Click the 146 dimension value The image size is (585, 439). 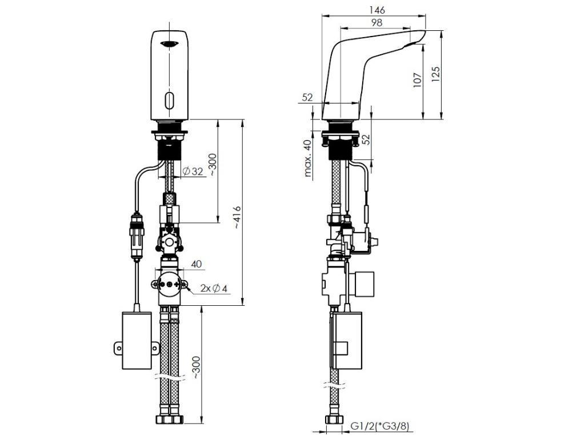click(376, 10)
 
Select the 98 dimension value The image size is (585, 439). click(377, 23)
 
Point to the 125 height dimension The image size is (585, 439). click(435, 75)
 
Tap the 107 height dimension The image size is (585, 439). click(418, 80)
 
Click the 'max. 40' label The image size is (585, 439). click(307, 158)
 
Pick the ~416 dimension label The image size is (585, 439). click(237, 218)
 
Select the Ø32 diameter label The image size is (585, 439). click(193, 171)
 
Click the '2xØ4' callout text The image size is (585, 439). click(214, 288)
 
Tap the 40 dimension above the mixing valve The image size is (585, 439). click(197, 264)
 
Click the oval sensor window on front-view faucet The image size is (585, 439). click(169, 100)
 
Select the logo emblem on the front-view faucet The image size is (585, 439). click(169, 44)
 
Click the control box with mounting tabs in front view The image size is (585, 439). click(137, 341)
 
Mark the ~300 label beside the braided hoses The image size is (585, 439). click(197, 369)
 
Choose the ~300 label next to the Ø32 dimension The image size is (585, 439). click(212, 165)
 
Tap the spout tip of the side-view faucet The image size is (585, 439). click(424, 32)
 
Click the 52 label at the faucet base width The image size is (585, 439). click(307, 97)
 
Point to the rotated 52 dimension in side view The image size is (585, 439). click(366, 139)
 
